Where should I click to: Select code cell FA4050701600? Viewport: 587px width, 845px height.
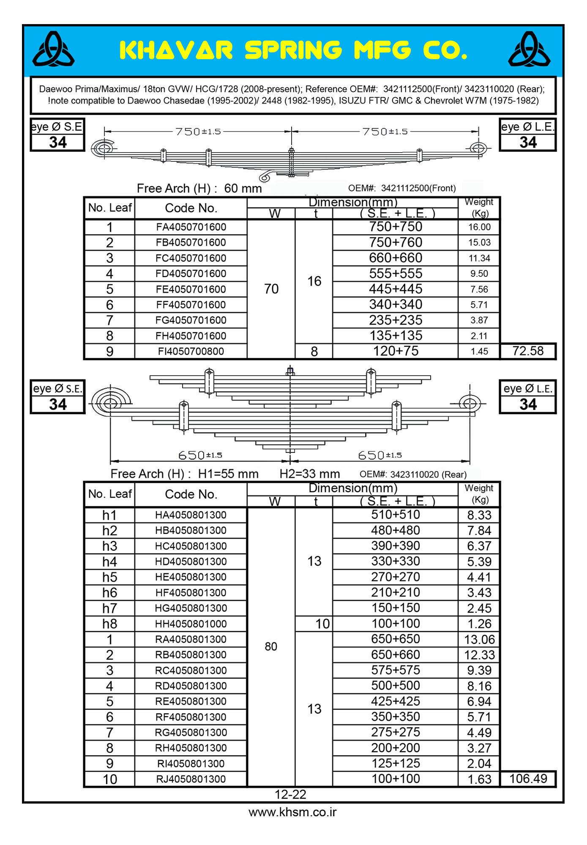(x=191, y=227)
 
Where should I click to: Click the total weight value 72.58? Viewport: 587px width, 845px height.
(x=528, y=351)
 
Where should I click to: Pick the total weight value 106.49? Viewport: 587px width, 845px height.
(x=528, y=778)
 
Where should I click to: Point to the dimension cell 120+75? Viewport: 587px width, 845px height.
(x=396, y=351)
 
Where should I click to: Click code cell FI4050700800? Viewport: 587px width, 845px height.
(x=191, y=351)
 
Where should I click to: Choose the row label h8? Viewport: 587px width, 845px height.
(x=109, y=624)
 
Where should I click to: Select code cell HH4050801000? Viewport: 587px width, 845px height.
(x=191, y=624)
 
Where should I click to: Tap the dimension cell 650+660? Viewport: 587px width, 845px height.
(x=396, y=654)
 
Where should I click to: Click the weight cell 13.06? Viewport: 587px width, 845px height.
(x=479, y=639)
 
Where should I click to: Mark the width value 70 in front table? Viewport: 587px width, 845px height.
(x=271, y=289)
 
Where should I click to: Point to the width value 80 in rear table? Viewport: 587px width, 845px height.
(x=271, y=646)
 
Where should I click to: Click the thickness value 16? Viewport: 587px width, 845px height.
(x=314, y=281)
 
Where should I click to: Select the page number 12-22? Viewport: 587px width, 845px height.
(x=290, y=795)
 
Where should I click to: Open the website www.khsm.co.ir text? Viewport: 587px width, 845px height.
(x=292, y=812)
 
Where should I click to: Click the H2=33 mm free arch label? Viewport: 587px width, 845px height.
(x=310, y=474)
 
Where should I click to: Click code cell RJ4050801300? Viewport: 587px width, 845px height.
(x=191, y=779)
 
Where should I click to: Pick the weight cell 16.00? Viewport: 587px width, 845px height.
(x=479, y=227)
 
